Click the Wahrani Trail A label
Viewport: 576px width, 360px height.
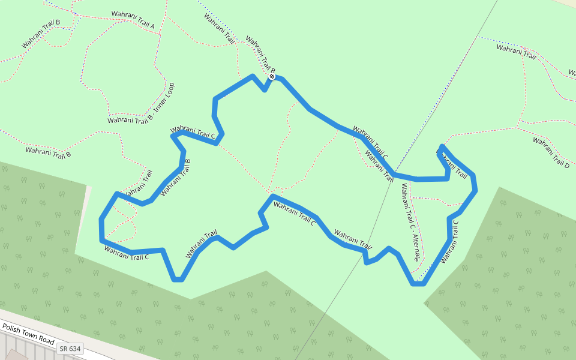(x=133, y=20)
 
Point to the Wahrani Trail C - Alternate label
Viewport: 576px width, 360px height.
(x=410, y=223)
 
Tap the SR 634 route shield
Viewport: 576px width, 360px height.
(x=70, y=349)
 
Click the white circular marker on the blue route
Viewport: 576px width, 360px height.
(x=272, y=76)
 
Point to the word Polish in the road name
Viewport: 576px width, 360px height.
(x=12, y=328)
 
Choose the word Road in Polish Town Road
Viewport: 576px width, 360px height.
(x=47, y=339)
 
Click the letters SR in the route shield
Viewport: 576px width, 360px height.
(x=64, y=349)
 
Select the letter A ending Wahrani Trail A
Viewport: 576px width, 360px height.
(x=152, y=26)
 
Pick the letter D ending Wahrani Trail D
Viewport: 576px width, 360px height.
(x=566, y=164)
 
